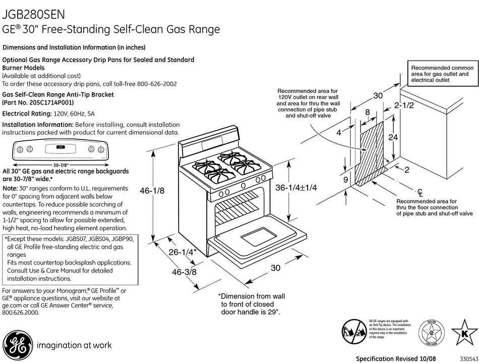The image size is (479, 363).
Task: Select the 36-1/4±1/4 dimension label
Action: pos(300,187)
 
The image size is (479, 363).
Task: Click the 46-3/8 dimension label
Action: pos(184,272)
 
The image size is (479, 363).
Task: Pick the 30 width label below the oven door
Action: pos(275,268)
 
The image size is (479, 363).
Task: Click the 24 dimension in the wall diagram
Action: pos(394,137)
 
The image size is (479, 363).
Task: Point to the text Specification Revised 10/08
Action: pos(396,358)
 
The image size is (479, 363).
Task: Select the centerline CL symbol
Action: pos(420,192)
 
